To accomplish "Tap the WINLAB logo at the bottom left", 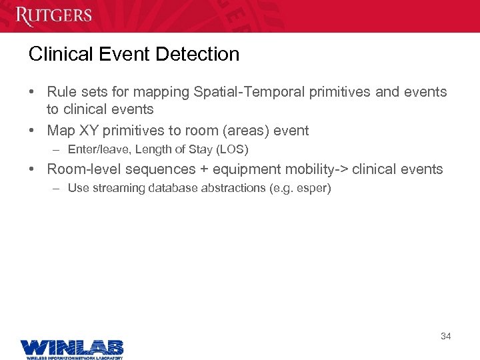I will [x=71, y=348].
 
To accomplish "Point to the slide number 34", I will [x=445, y=336].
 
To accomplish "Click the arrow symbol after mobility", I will [x=340, y=169].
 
